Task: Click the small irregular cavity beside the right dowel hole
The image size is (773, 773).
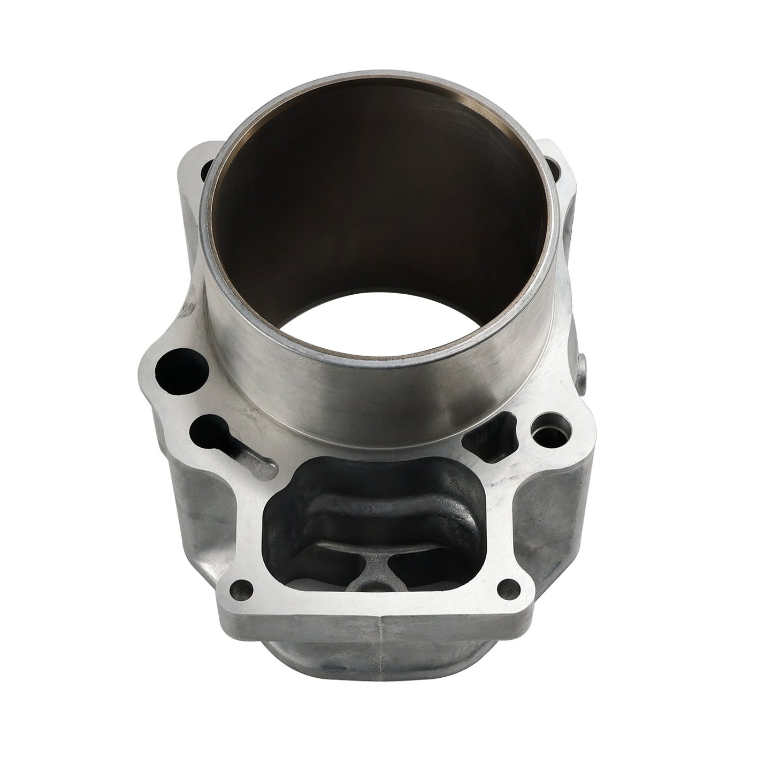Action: (x=491, y=431)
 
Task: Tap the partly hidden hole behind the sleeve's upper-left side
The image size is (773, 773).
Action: (x=208, y=170)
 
